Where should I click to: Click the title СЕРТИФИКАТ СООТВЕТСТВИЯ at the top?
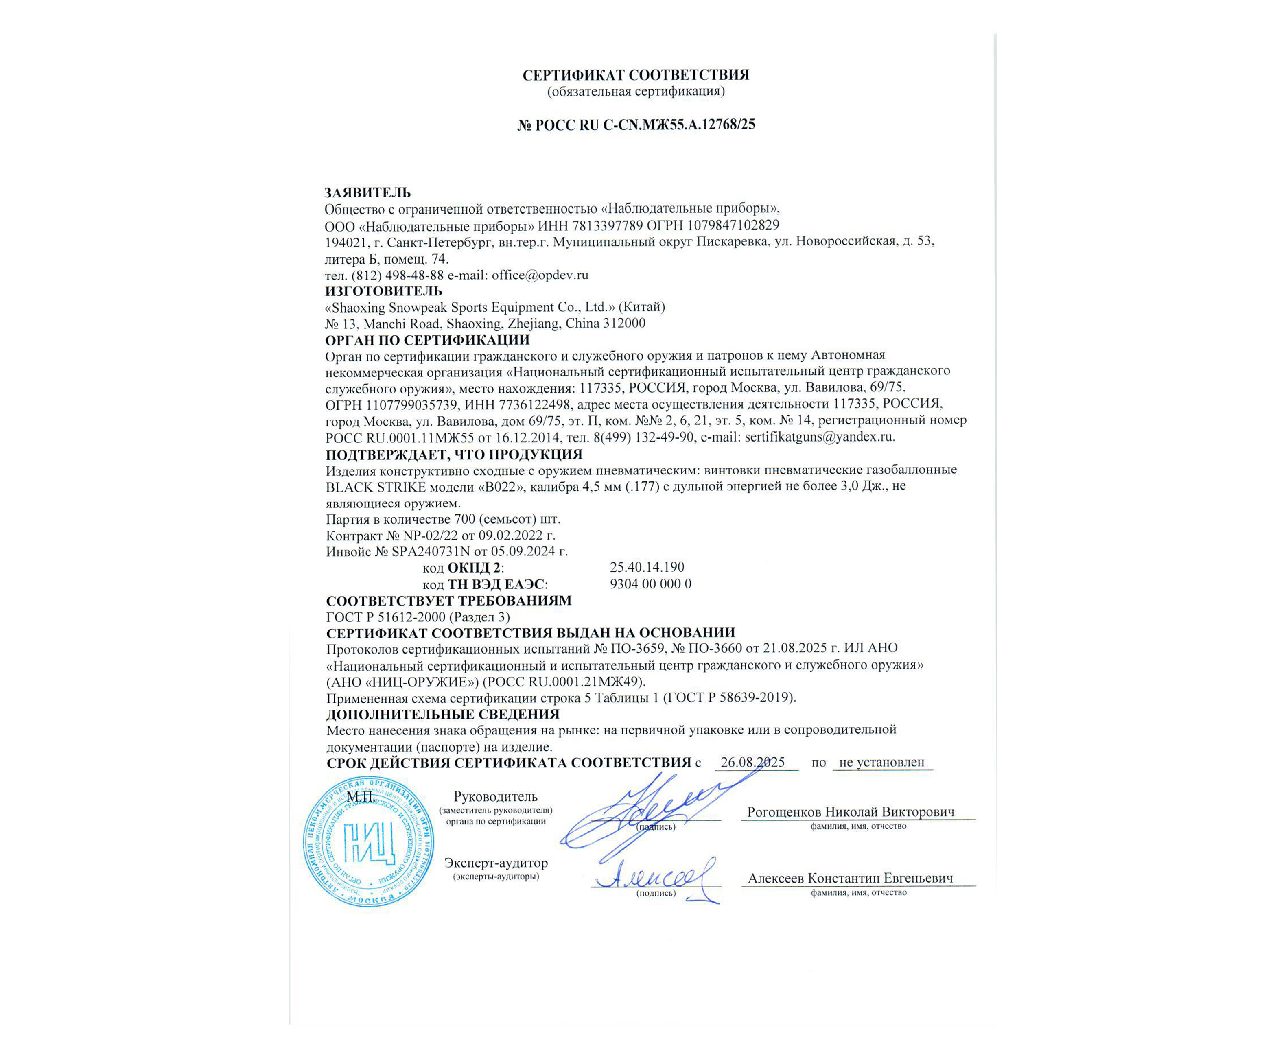636,75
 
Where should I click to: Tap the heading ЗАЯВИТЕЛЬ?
367,192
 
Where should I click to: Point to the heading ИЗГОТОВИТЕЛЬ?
383,291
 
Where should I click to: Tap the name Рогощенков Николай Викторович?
850,812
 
